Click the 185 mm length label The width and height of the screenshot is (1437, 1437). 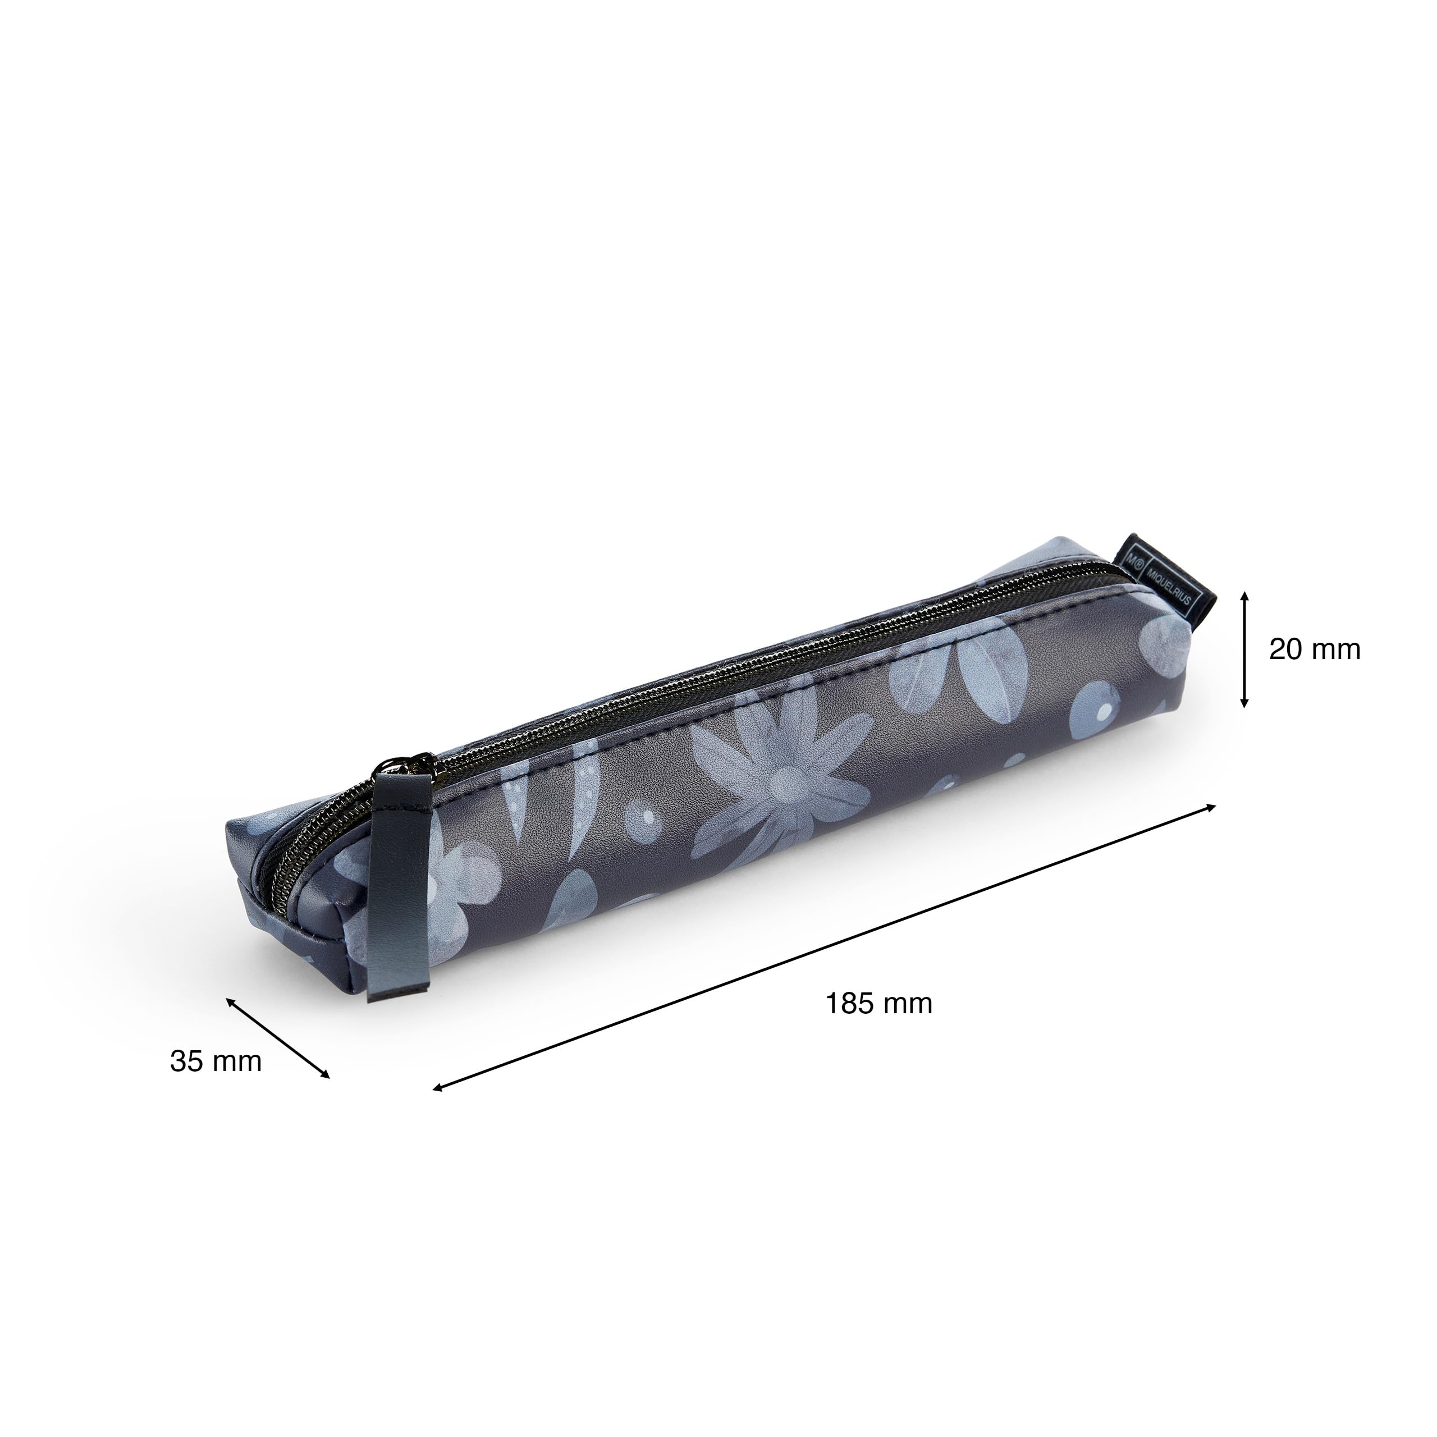pos(878,1003)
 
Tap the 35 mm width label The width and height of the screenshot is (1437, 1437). pos(216,1061)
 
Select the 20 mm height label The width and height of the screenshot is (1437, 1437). pos(1314,649)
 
